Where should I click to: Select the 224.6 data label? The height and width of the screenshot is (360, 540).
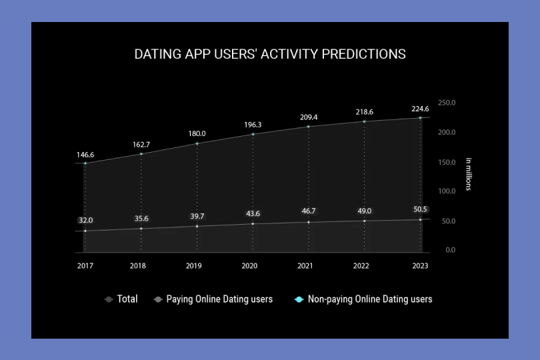click(x=420, y=109)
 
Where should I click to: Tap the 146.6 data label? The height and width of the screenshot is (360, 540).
click(x=85, y=155)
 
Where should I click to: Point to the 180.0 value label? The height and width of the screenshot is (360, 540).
click(x=197, y=133)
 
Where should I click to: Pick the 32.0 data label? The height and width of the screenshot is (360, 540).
click(x=85, y=220)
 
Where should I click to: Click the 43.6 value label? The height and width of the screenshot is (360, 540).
click(x=253, y=213)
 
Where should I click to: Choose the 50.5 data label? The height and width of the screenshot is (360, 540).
click(x=420, y=209)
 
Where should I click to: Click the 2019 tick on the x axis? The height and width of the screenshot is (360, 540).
click(x=193, y=265)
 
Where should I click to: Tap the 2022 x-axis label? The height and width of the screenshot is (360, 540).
click(x=361, y=265)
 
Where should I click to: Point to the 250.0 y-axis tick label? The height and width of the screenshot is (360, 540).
click(x=447, y=103)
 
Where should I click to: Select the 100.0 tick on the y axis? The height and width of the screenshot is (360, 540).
click(x=447, y=191)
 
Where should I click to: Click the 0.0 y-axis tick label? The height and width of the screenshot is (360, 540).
click(x=451, y=250)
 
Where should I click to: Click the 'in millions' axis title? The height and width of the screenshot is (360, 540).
click(x=469, y=174)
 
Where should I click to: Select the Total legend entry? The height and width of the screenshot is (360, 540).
click(x=121, y=299)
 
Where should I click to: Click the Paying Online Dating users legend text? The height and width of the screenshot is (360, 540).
click(x=219, y=299)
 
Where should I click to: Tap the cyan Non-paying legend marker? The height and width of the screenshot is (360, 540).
click(x=299, y=299)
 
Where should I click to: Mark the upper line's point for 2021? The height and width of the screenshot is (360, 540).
click(x=309, y=127)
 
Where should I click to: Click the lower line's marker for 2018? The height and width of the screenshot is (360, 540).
click(x=141, y=229)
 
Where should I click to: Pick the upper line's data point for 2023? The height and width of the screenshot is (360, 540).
click(x=420, y=118)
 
